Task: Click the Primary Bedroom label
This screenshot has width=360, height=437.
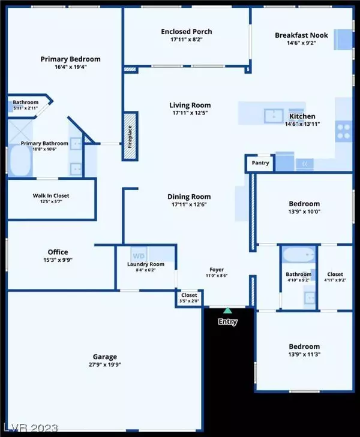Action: (x=70, y=59)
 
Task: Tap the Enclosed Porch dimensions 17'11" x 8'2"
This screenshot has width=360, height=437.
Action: (x=186, y=40)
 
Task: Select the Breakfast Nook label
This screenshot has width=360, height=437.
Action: (x=301, y=35)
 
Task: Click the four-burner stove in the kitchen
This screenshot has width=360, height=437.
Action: (x=343, y=131)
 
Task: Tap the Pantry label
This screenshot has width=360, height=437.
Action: (x=260, y=162)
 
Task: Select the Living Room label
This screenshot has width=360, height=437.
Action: (x=190, y=106)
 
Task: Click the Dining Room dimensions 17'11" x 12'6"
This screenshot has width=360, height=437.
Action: (x=190, y=205)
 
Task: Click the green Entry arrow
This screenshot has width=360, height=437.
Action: (x=227, y=311)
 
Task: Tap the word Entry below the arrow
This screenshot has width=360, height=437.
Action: (x=227, y=322)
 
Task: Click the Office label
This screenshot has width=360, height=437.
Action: (x=58, y=252)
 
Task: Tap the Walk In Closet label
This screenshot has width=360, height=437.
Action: (x=50, y=195)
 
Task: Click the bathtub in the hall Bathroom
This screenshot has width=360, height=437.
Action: (x=298, y=257)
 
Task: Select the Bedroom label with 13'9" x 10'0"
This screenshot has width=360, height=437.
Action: (x=304, y=204)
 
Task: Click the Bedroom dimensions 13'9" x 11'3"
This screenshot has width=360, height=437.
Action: (x=304, y=355)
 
